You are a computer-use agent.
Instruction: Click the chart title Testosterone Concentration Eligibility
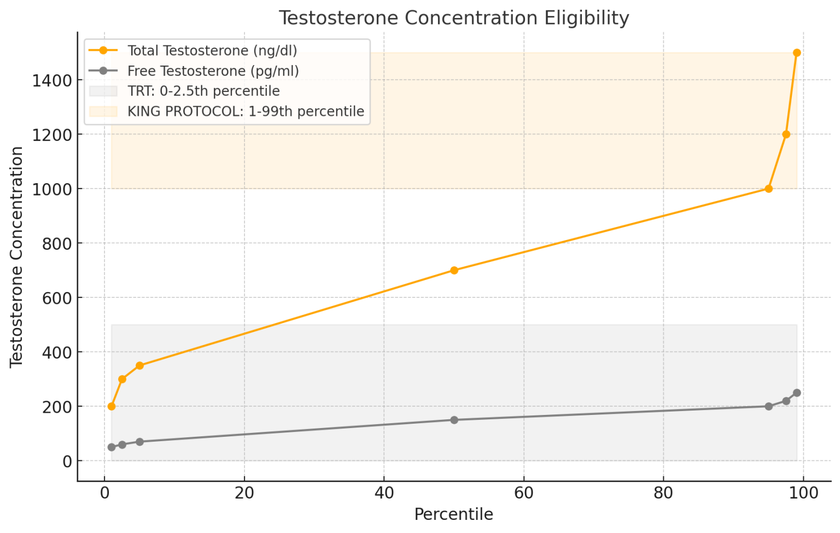tap(454, 18)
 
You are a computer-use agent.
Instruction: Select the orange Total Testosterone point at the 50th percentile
tap(454, 270)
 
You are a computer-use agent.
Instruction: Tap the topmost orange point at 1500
tap(797, 53)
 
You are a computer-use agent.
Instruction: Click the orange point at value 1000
tap(768, 189)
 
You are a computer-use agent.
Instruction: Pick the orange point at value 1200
tap(786, 134)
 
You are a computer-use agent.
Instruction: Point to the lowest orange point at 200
tap(112, 406)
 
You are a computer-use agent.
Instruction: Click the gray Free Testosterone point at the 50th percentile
tap(454, 420)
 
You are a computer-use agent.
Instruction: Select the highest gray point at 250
tap(797, 393)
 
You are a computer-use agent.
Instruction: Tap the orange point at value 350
tap(139, 366)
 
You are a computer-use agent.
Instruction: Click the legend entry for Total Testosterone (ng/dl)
tap(212, 51)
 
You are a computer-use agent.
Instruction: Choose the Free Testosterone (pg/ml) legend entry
tap(213, 71)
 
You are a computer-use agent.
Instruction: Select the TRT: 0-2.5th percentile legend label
tap(203, 91)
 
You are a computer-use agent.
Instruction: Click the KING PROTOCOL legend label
tap(246, 112)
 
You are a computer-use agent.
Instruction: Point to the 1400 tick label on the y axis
tap(52, 81)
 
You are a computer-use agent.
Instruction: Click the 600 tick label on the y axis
tap(57, 298)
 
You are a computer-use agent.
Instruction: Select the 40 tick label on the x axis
tap(384, 493)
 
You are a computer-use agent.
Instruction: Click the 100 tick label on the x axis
tap(803, 493)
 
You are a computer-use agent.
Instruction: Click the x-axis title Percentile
tap(453, 514)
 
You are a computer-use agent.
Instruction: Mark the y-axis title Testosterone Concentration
tap(16, 257)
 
